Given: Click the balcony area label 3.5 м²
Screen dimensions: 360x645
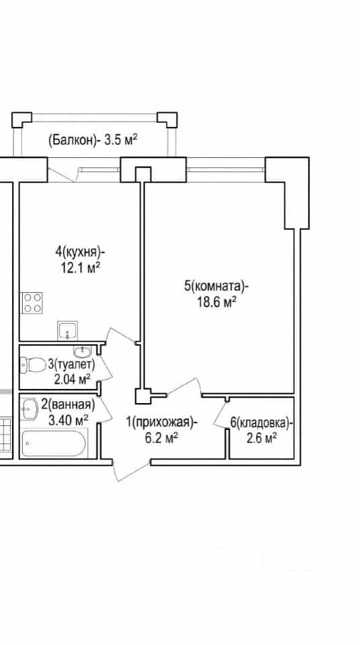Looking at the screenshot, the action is point(120,140).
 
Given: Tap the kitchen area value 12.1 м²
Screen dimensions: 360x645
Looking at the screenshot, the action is point(81,268).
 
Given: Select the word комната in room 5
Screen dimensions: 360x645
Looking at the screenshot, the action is point(216,286).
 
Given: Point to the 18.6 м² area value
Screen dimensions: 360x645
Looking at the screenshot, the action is point(216,303).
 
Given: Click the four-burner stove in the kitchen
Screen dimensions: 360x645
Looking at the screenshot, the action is point(32,302).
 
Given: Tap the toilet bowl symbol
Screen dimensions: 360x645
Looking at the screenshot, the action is point(34,364).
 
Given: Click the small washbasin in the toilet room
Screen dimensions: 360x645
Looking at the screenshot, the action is point(83,351).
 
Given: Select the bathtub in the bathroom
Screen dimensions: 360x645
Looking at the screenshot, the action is point(54,443).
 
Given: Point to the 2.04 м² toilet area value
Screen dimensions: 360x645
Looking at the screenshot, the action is point(72,379).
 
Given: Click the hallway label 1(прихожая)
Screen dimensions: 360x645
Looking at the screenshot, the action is point(161,422).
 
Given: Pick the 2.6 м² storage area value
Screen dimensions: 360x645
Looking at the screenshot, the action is point(261,439).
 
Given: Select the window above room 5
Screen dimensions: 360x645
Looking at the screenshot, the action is point(226,169).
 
